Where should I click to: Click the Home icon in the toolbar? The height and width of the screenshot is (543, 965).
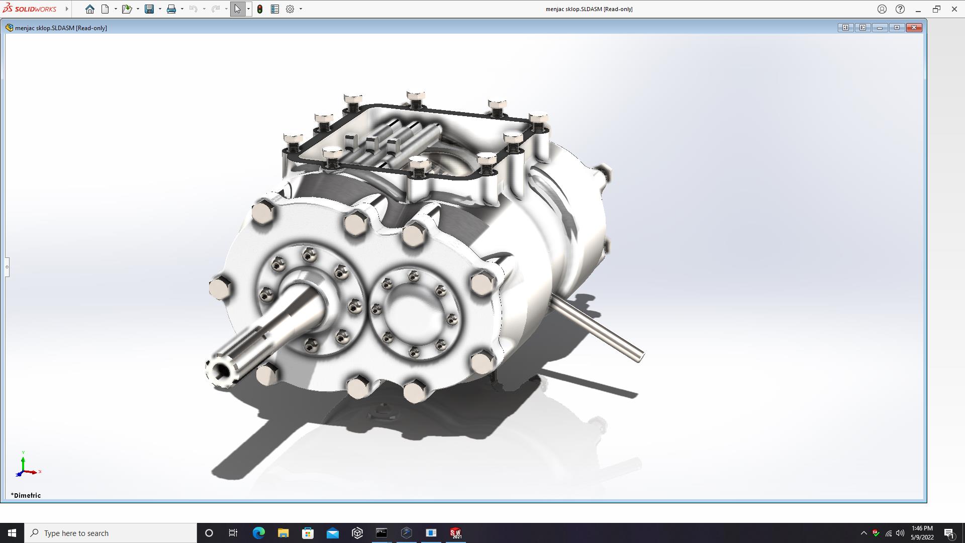90,9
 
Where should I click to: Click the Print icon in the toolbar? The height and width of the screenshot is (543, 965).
171,9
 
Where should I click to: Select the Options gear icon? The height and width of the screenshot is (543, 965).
290,9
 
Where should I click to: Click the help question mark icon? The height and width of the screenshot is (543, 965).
900,9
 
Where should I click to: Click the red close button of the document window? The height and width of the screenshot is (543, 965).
914,28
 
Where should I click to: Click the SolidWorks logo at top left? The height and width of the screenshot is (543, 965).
30,9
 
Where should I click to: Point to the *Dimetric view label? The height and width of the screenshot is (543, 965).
26,495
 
